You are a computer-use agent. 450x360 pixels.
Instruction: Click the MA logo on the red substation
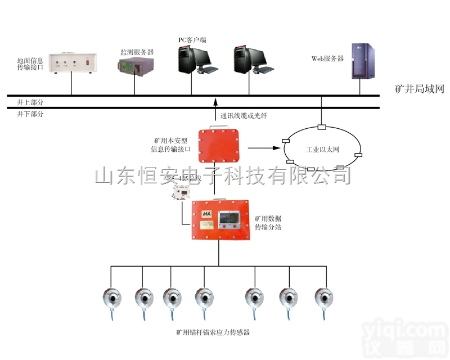tap(206, 214)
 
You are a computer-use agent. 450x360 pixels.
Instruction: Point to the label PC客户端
tap(192, 40)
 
